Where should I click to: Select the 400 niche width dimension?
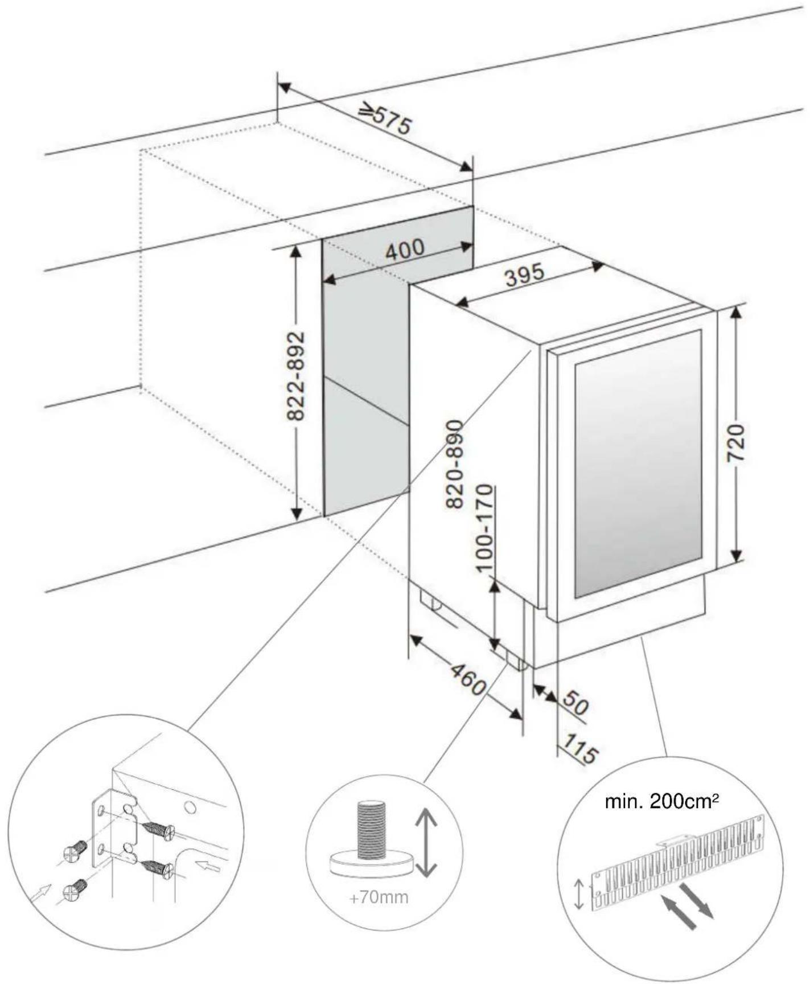click(405, 249)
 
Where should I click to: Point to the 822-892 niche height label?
click(295, 376)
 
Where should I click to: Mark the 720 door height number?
click(736, 442)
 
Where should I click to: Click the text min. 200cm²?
click(661, 802)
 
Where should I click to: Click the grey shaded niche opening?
click(364, 364)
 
